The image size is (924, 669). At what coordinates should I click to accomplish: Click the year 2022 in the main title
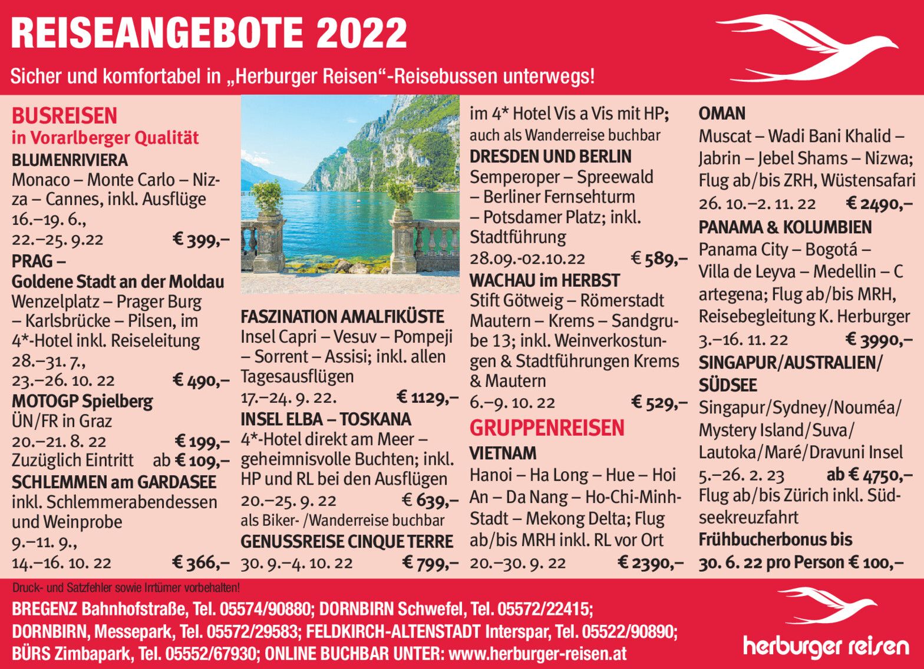pos(361,32)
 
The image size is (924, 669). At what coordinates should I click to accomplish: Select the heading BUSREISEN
pos(65,115)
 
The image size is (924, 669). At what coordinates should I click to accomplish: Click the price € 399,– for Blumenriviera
pos(200,239)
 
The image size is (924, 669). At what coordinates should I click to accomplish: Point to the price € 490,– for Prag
pos(200,380)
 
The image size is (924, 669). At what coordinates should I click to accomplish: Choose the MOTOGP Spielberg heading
pos(82,402)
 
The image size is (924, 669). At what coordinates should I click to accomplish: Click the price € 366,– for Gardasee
pos(200,562)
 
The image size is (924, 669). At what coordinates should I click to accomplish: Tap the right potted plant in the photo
pos(401,194)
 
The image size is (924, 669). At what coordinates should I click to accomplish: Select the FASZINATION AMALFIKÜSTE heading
pos(342,317)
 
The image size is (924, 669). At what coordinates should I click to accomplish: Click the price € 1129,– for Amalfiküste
pos(427,398)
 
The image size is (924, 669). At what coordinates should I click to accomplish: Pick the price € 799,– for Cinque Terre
pos(430,563)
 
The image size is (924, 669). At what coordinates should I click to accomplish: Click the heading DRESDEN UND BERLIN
pos(550,157)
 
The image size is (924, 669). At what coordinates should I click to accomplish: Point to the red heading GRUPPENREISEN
pos(546,428)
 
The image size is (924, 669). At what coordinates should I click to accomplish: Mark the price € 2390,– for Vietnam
pos(651,563)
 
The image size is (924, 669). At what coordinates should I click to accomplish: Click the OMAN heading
pos(722,114)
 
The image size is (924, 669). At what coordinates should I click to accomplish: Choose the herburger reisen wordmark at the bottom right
pos(826,647)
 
